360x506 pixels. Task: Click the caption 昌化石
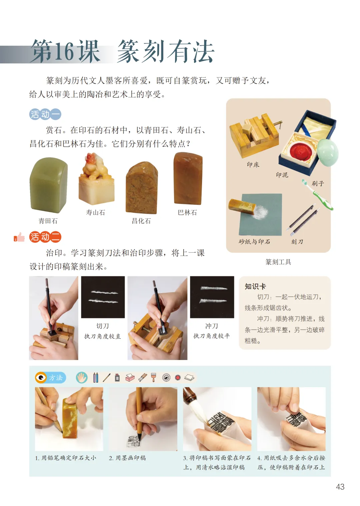click(x=141, y=221)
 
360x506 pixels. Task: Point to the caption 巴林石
click(x=187, y=212)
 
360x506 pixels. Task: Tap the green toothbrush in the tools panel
click(x=318, y=194)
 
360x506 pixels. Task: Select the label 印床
click(x=253, y=165)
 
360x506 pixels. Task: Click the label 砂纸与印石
click(x=254, y=242)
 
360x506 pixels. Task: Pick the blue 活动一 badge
click(x=45, y=114)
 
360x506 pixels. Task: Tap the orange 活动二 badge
click(x=45, y=237)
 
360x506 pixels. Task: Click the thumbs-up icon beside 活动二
click(x=19, y=237)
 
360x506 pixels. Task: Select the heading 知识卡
click(x=255, y=286)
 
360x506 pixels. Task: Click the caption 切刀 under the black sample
click(x=103, y=326)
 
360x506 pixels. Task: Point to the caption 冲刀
click(x=212, y=326)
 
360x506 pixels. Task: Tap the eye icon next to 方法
click(x=41, y=377)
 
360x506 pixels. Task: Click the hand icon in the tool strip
click(x=82, y=377)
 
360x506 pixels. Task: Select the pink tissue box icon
click(x=130, y=377)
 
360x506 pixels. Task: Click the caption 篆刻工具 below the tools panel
click(x=278, y=262)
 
